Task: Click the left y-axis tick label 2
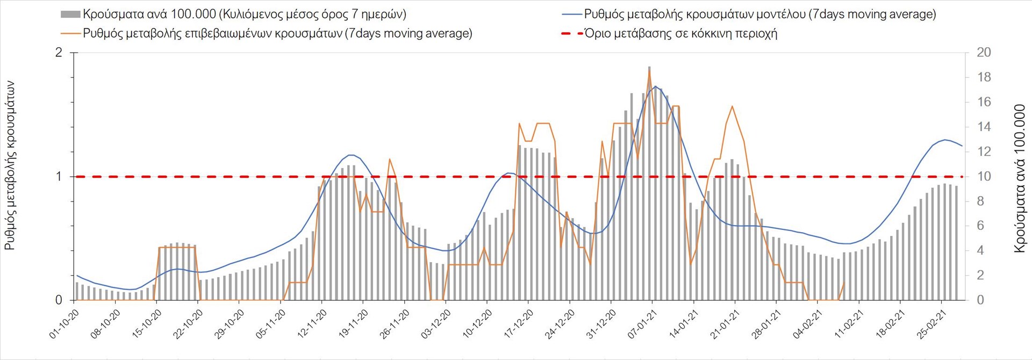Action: (x=59, y=53)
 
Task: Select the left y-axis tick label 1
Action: (x=59, y=176)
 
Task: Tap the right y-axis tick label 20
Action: (x=984, y=53)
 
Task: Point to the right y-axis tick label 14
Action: (x=984, y=127)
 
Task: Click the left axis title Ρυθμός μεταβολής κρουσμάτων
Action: (x=10, y=165)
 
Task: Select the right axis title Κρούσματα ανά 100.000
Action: (x=1020, y=178)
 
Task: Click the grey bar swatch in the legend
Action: (x=71, y=15)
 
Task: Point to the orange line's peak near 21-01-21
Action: (x=732, y=106)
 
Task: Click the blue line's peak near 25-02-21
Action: (x=945, y=140)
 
